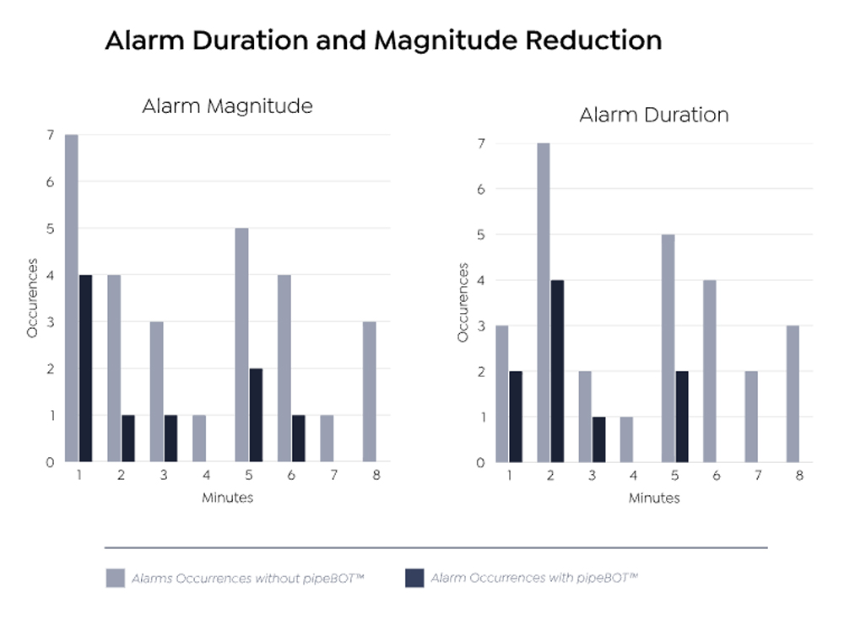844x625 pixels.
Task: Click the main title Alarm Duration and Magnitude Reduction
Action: (x=383, y=40)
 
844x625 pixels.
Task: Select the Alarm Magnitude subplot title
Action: (x=227, y=106)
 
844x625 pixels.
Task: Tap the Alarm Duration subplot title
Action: (x=654, y=115)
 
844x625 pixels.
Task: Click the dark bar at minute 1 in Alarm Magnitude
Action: (x=85, y=369)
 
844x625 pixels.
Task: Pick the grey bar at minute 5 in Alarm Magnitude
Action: (x=241, y=345)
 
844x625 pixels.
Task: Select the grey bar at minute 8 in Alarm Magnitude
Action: (x=369, y=391)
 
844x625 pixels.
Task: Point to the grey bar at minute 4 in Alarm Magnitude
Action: (x=198, y=439)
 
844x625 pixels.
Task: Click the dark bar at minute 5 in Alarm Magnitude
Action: (x=255, y=415)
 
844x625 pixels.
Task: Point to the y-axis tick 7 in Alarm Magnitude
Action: (x=51, y=136)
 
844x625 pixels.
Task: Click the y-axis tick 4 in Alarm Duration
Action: (x=482, y=280)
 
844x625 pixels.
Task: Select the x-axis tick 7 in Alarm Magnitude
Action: (x=333, y=476)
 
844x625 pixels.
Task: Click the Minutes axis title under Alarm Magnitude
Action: (x=227, y=498)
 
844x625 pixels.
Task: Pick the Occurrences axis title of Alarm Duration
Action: (x=463, y=302)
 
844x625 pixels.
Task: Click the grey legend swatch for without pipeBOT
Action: (x=115, y=579)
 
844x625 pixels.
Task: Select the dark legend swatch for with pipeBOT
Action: (x=414, y=579)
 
